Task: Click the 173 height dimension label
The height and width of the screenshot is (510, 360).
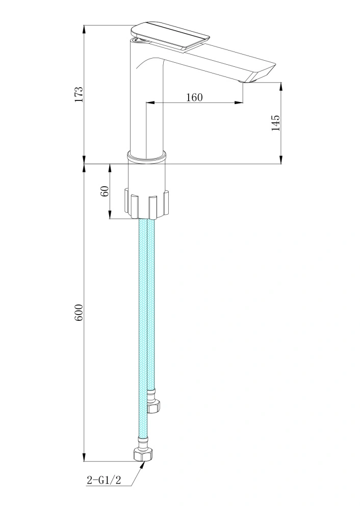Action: point(79,94)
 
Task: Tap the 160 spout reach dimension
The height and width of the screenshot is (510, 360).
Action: point(194,97)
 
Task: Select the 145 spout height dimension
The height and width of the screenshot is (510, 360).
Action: point(275,123)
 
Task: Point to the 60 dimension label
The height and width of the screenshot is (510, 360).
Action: point(105,191)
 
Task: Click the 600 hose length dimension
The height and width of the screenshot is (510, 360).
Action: point(79,313)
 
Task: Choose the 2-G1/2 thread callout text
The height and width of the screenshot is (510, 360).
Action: point(104,480)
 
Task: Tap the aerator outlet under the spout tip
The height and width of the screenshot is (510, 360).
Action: point(246,81)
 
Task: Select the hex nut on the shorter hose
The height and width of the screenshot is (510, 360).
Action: point(153,407)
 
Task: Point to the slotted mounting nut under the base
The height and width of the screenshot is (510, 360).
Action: point(147,205)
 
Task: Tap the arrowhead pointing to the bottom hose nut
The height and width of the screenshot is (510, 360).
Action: point(142,465)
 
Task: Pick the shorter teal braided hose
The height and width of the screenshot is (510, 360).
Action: point(151,304)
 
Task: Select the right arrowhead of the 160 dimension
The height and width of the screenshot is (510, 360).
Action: point(239,103)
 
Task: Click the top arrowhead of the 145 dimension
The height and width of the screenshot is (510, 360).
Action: point(281,87)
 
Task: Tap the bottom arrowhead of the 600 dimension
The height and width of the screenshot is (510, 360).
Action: point(84,457)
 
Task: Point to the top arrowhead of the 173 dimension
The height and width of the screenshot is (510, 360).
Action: point(84,29)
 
